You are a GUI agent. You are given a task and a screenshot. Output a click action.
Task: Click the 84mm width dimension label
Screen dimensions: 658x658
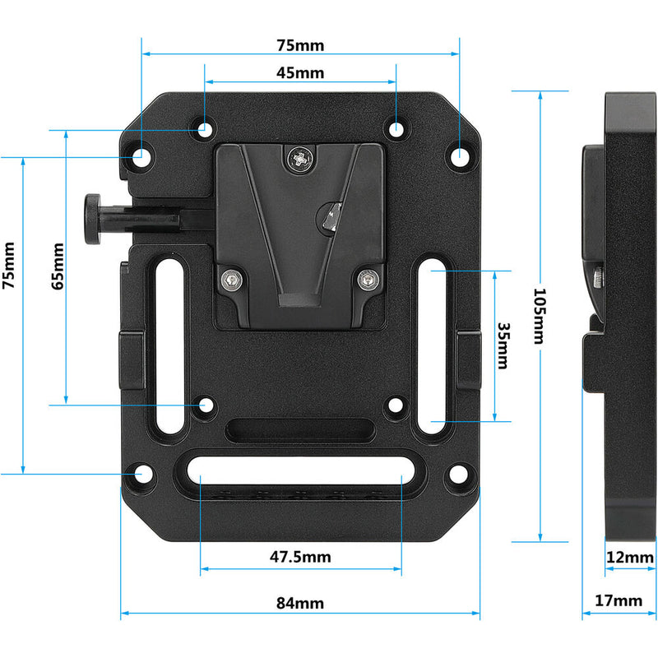299,603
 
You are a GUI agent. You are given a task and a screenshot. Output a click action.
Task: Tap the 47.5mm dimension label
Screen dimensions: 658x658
300,557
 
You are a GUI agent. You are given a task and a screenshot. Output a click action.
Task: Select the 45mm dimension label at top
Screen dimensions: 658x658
299,72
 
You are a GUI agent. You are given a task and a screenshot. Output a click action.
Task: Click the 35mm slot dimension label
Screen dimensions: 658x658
504,345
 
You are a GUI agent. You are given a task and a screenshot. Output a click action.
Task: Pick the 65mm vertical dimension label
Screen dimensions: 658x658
57,266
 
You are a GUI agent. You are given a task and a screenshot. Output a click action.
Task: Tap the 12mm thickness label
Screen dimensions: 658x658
629,558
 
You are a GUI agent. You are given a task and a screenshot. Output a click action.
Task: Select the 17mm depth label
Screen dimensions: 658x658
618,601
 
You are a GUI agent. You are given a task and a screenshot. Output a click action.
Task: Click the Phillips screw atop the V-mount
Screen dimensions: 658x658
302,157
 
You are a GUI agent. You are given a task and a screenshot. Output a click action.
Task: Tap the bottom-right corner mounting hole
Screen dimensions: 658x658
457,475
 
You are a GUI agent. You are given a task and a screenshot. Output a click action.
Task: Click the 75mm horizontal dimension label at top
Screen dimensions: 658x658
299,44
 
